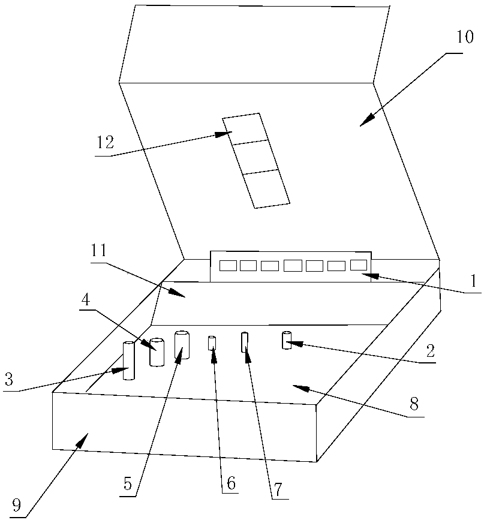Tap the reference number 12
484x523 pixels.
(x=104, y=144)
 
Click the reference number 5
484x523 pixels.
(x=127, y=483)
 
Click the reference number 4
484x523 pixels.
(x=86, y=299)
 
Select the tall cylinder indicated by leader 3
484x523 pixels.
(x=128, y=360)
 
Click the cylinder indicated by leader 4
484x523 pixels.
(x=157, y=352)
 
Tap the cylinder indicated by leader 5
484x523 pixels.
(x=182, y=345)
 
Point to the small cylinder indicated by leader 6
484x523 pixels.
(x=211, y=343)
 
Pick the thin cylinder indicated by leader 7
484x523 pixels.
(x=244, y=342)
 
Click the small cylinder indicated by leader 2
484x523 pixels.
(x=286, y=340)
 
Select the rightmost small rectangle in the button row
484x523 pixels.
(x=358, y=264)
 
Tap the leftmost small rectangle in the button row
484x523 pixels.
(x=227, y=266)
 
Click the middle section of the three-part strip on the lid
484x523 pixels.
(x=256, y=158)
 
